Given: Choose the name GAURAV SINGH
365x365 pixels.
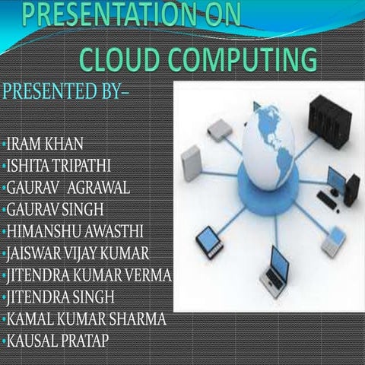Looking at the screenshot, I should pyautogui.click(x=56, y=208).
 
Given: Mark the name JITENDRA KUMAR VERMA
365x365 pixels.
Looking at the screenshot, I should pyautogui.click(x=87, y=274).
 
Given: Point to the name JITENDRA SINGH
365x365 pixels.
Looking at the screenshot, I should pyautogui.click(x=60, y=296).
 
